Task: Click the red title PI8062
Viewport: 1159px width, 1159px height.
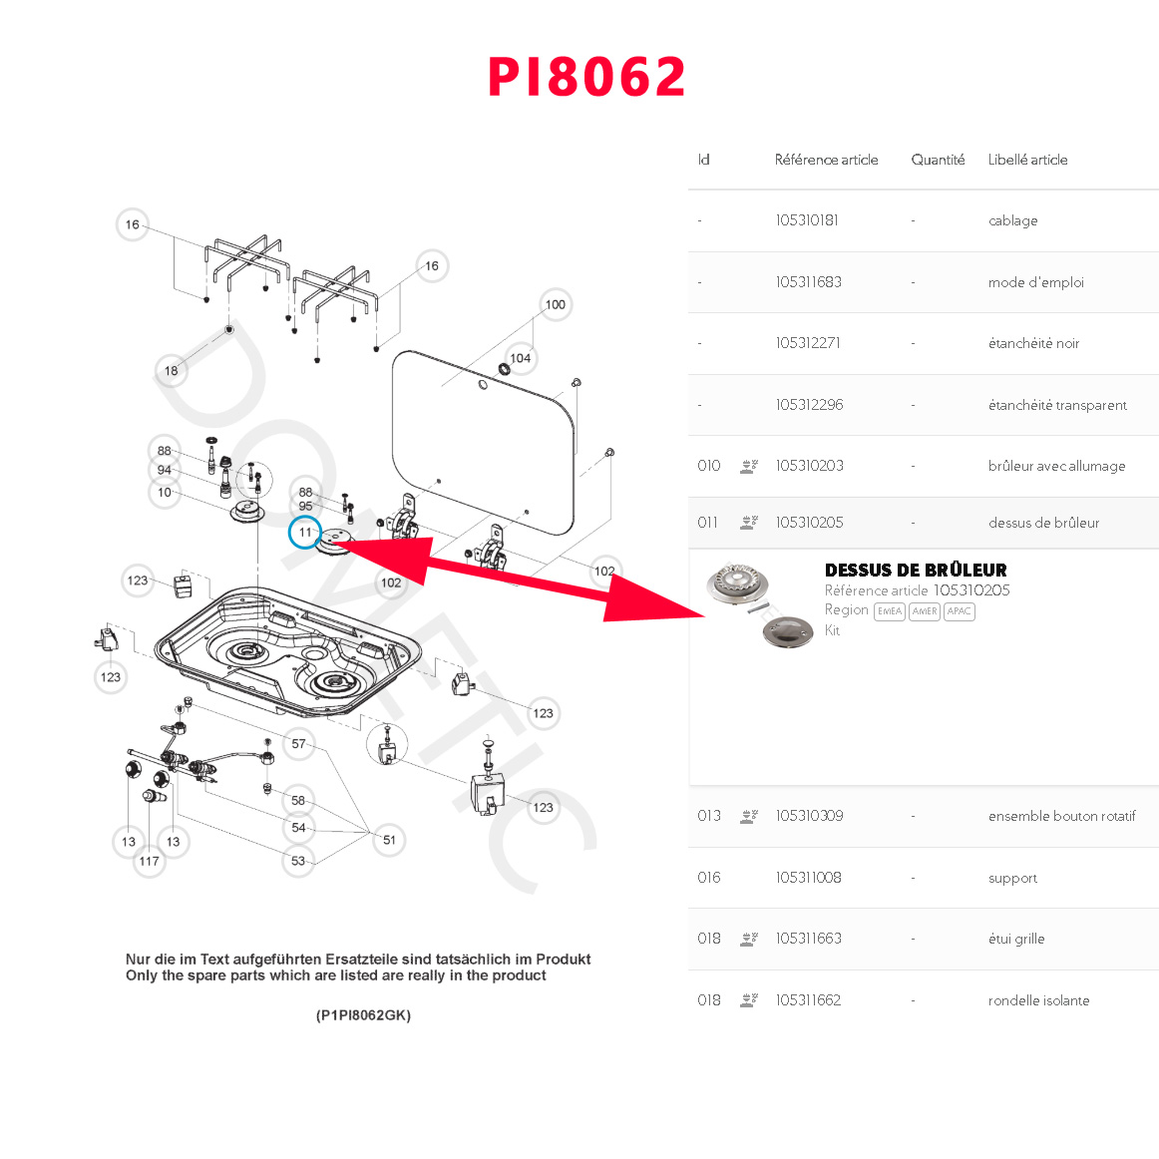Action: click(x=586, y=77)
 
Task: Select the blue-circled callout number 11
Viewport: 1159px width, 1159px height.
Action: click(x=305, y=533)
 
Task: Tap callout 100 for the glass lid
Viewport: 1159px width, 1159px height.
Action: click(x=555, y=304)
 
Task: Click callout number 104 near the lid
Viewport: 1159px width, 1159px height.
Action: click(x=521, y=358)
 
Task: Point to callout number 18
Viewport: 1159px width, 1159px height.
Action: click(x=172, y=371)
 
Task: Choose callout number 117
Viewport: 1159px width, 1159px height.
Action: click(x=150, y=861)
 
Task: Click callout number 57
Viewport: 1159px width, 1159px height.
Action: click(x=298, y=744)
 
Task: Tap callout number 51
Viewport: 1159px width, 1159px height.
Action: click(x=389, y=840)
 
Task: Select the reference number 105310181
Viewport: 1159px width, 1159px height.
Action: click(x=807, y=220)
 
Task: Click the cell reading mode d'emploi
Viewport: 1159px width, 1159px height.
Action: click(x=1035, y=282)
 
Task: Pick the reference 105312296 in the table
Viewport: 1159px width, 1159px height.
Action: click(x=809, y=405)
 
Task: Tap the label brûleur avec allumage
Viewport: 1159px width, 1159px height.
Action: click(x=1056, y=466)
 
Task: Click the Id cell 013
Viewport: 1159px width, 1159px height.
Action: click(x=709, y=816)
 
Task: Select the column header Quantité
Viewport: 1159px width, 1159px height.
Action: click(x=938, y=160)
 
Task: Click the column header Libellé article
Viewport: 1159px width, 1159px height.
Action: click(x=1027, y=160)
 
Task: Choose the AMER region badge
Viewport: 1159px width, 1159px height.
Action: click(x=925, y=611)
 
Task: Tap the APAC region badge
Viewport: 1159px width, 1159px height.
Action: click(x=960, y=611)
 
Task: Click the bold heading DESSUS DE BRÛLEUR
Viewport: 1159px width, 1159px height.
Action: click(x=916, y=571)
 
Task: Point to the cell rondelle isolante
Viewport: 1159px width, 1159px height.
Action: click(x=1038, y=1000)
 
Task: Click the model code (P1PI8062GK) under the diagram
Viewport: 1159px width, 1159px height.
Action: click(x=363, y=1015)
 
